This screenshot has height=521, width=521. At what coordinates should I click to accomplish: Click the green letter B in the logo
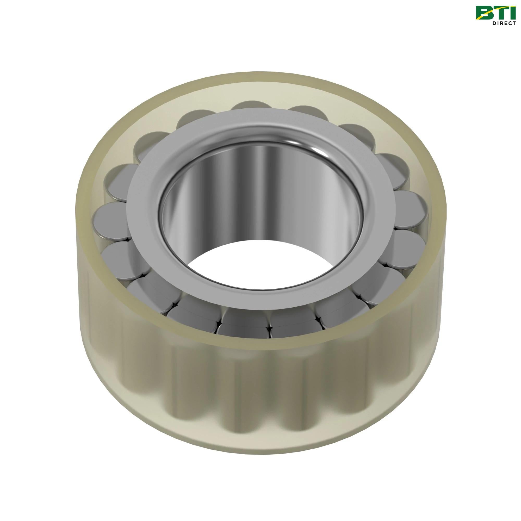[482, 13]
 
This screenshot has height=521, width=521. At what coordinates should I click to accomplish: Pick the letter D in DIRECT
[494, 23]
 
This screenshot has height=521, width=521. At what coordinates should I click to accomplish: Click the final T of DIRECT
[512, 23]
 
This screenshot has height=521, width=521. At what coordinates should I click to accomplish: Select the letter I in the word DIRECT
[497, 23]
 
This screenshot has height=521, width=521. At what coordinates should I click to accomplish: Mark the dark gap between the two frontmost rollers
[269, 328]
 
